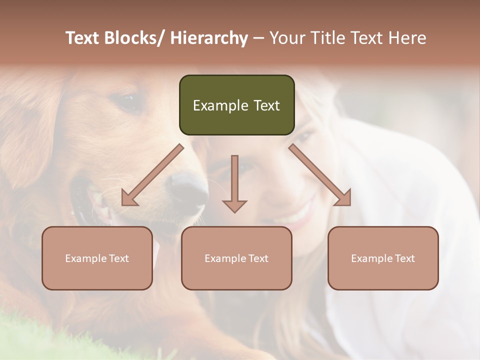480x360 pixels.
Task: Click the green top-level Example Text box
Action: click(x=236, y=105)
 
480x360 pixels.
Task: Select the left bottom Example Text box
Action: click(x=97, y=258)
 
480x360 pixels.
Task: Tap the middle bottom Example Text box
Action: click(x=236, y=258)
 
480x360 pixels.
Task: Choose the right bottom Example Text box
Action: click(x=383, y=258)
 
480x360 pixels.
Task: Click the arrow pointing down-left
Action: click(x=152, y=175)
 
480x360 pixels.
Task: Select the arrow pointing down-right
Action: click(x=320, y=175)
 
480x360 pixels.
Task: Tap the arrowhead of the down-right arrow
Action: click(x=343, y=197)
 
